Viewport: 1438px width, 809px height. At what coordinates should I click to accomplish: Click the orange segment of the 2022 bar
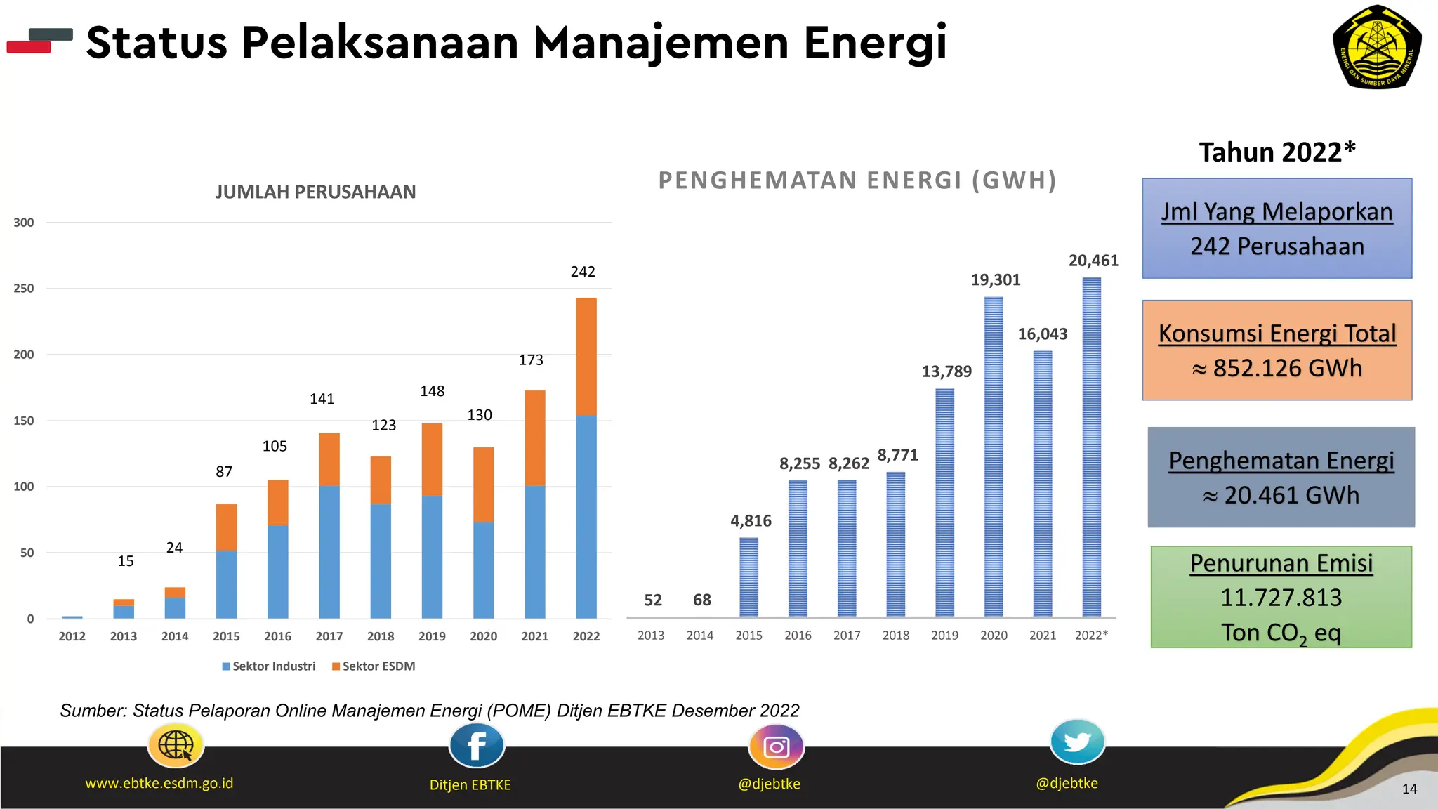coord(586,356)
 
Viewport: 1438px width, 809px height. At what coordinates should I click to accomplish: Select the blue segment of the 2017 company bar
coord(329,551)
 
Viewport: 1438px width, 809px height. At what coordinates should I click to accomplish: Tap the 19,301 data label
coord(995,280)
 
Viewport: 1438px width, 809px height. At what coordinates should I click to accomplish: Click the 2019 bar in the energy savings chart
coord(944,502)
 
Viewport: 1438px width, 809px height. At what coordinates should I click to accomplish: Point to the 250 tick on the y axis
coord(24,289)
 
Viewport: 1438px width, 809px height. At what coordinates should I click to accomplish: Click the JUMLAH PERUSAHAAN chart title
coord(315,192)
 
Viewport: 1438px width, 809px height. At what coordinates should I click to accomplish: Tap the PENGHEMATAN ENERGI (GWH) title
coord(857,180)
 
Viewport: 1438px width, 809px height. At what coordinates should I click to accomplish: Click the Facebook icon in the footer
coord(476,746)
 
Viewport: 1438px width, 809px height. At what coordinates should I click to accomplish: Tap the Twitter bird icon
coord(1077,742)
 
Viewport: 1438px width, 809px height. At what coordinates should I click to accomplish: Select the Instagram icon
coord(776,746)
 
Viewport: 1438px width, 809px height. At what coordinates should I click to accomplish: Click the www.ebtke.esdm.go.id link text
coord(159,783)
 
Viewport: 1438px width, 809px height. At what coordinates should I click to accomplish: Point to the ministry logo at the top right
coord(1376,48)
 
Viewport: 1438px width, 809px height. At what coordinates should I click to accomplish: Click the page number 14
coord(1409,789)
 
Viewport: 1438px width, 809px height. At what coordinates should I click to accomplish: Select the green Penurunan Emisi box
coord(1281,597)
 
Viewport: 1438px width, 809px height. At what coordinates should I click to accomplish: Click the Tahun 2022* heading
coord(1277,152)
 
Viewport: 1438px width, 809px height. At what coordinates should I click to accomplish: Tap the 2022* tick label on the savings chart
coord(1091,635)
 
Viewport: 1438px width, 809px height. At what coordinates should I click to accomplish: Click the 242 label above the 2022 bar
coord(583,272)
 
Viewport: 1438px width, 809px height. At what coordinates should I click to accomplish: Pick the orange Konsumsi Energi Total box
coord(1277,350)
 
